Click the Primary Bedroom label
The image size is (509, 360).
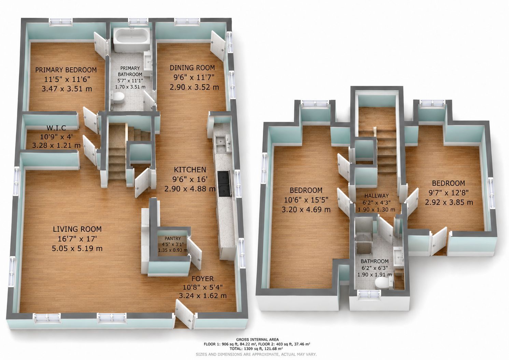click(x=66, y=70)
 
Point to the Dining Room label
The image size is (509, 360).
click(x=192, y=68)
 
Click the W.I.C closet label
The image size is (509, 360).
click(x=56, y=128)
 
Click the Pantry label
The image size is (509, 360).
click(x=173, y=239)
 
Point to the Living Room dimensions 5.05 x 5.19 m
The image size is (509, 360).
click(x=77, y=248)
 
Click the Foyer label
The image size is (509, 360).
click(x=202, y=279)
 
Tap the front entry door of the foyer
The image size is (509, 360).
click(x=185, y=314)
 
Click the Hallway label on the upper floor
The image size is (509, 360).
click(x=377, y=196)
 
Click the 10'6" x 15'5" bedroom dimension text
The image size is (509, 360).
click(x=306, y=200)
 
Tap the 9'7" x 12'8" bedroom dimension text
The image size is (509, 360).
click(x=449, y=193)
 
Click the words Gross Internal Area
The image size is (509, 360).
click(x=257, y=340)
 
